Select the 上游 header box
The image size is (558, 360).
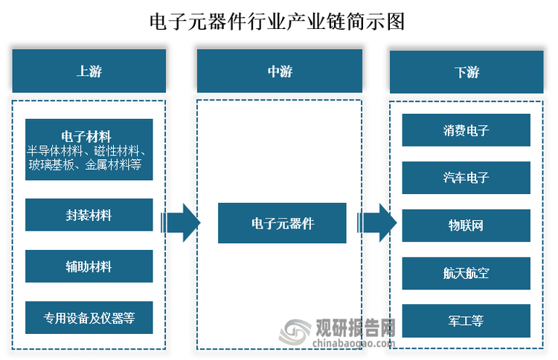pos(89,71)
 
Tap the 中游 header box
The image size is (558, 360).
pos(280,71)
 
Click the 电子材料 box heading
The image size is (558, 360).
pos(86,136)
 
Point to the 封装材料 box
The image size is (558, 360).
pos(89,215)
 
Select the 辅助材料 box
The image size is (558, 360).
pos(89,266)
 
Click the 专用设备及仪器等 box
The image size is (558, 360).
pos(89,318)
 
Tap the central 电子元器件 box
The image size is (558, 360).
pos(282,223)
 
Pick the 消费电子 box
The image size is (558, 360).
pos(466,130)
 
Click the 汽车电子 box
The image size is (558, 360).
pos(466,178)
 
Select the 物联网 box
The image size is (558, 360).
pos(466,225)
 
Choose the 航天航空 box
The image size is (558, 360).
pos(466,273)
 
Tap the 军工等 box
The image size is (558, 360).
pos(466,321)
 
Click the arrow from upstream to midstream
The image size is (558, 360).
pos(180,222)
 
